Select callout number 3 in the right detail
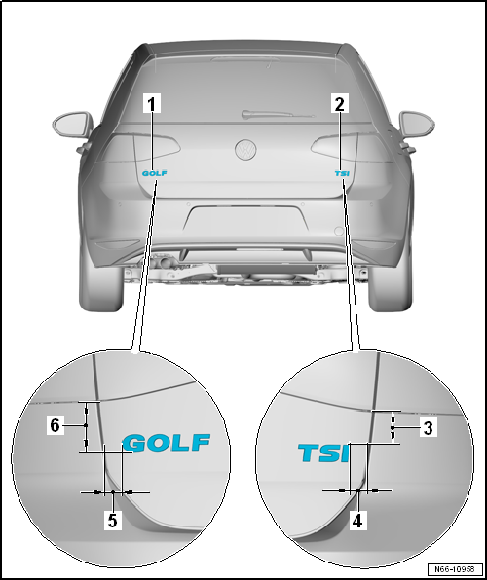[x=429, y=428]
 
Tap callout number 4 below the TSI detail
[x=357, y=521]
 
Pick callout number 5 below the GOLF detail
[x=113, y=521]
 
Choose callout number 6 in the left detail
[x=55, y=425]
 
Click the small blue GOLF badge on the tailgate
[x=155, y=173]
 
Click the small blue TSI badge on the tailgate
[x=342, y=173]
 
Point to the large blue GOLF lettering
[x=167, y=443]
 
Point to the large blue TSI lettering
[x=323, y=453]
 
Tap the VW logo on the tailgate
[x=245, y=150]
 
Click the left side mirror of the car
[x=73, y=125]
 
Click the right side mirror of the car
[x=417, y=124]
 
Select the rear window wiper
[x=278, y=114]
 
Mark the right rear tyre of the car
[x=390, y=287]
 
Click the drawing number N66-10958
[x=455, y=569]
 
